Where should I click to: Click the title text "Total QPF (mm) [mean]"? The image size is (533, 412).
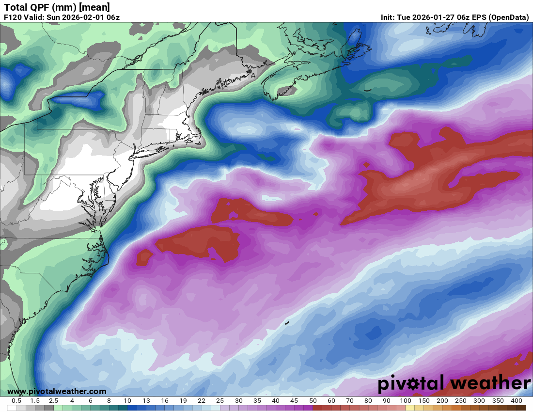click(57, 7)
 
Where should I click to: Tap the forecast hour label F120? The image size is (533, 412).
click(13, 17)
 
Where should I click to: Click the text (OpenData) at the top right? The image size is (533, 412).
click(508, 17)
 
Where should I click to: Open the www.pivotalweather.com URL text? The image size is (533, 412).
click(57, 391)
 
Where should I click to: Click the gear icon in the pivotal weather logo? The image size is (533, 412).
click(414, 384)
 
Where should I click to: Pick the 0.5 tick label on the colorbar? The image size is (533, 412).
click(16, 401)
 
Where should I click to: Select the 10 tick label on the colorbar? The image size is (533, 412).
click(127, 401)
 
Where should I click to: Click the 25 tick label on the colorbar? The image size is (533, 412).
click(220, 401)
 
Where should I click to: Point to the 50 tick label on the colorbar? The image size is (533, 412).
click(313, 401)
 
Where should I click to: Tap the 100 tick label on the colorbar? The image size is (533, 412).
click(405, 401)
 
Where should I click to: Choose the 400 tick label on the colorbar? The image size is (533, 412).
click(516, 401)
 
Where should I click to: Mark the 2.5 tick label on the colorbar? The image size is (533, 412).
click(53, 401)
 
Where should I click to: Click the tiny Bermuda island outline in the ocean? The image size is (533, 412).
click(287, 323)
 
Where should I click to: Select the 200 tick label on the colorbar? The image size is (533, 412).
click(442, 401)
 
